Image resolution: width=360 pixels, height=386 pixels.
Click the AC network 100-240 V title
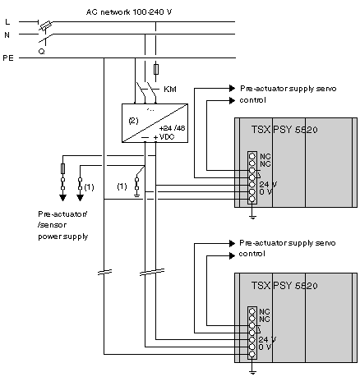coord(129,12)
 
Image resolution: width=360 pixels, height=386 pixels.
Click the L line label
coord(7,21)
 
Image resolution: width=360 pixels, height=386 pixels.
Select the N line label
coord(7,34)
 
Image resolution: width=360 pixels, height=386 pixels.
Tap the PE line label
coord(8,58)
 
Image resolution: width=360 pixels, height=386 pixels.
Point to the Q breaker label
coord(42,51)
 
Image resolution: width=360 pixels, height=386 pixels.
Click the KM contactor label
coord(170,90)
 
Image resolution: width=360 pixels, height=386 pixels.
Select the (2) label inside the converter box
coord(133,121)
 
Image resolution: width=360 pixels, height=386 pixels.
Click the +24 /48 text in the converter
coord(173,128)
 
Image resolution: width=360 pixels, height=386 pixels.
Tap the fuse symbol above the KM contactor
coord(156,69)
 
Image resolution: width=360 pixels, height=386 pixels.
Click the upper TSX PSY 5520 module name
coord(284,130)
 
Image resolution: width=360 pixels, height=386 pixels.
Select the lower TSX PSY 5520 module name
coord(284,286)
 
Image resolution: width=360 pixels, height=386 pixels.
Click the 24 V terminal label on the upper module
coord(268,184)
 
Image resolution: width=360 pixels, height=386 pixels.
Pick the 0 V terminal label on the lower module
coord(265,347)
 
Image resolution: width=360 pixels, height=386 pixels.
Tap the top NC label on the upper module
coord(265,156)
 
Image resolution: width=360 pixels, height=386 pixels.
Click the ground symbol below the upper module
coord(252,217)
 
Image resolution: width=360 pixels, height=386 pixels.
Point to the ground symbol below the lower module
coord(252,372)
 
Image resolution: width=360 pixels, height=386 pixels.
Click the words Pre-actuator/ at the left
coord(62,214)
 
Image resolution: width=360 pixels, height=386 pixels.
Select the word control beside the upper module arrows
coord(252,100)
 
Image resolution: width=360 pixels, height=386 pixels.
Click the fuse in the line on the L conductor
coord(46,25)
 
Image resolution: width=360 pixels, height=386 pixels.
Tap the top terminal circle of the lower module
coord(252,311)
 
